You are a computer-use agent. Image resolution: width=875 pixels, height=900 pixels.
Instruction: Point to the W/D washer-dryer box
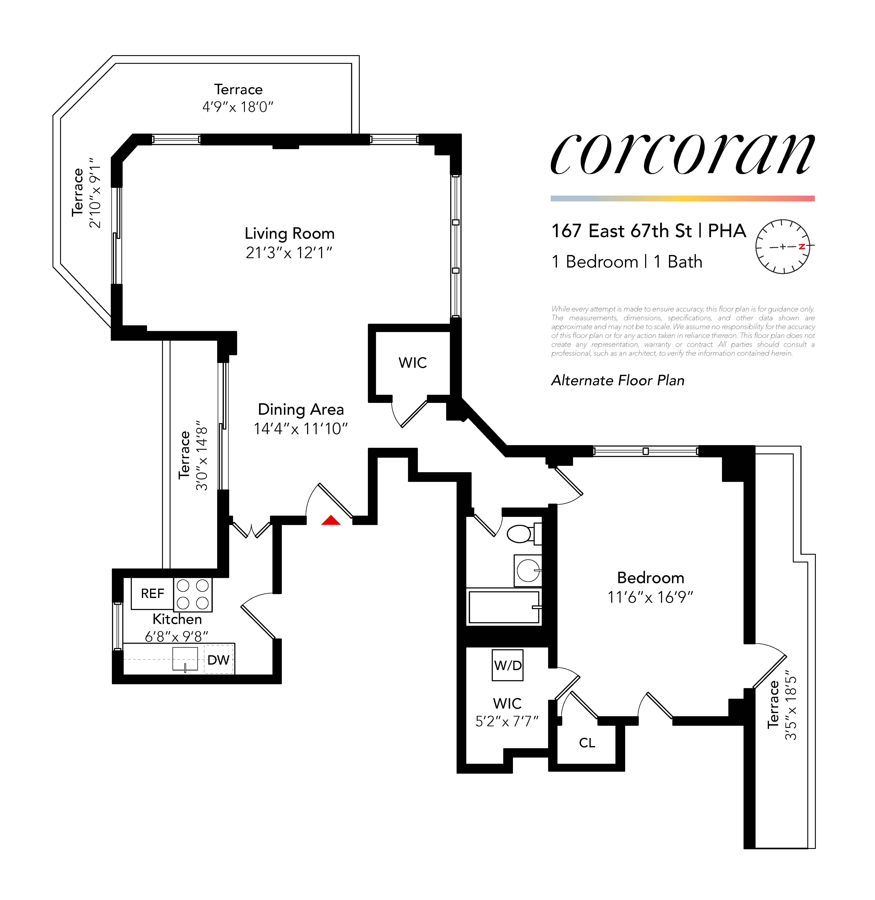pos(507,665)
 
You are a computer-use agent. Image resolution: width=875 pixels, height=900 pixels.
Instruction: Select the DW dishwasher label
pos(218,660)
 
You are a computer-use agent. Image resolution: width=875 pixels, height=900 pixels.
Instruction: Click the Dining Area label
pos(301,409)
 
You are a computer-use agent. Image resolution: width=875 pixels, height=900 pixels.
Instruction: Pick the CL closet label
pos(587,743)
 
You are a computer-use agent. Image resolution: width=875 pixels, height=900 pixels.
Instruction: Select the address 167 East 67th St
pos(621,231)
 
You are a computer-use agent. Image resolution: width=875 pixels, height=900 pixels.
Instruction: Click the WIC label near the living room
pos(412,363)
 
